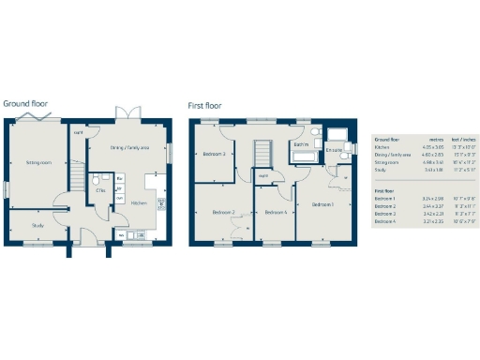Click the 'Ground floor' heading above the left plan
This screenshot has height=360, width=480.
[25, 103]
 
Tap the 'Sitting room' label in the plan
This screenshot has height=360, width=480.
[37, 161]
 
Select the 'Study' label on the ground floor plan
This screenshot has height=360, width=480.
[37, 225]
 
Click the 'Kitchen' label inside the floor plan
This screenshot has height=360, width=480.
[138, 202]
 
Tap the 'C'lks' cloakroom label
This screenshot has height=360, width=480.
[99, 190]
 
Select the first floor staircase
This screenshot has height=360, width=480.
[264, 153]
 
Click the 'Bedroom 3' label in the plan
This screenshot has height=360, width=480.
[215, 153]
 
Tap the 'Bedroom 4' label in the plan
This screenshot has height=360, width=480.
[274, 213]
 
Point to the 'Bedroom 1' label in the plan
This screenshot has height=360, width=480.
[322, 204]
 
